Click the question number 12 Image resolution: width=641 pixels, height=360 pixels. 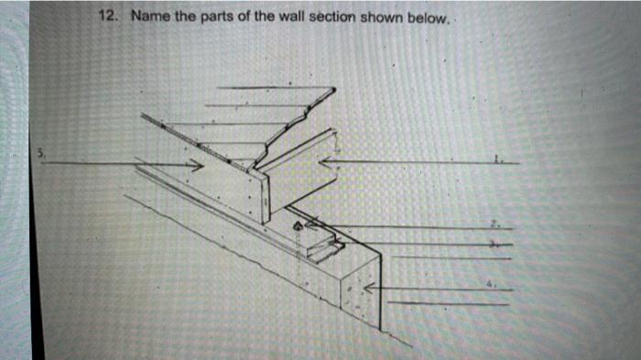pos(110,16)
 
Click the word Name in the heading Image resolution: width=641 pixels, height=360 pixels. pos(148,16)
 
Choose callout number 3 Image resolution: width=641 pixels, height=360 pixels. pos(494,245)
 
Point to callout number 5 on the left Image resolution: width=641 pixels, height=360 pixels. pos(40,152)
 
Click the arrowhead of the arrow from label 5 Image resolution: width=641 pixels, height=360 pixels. pos(197,165)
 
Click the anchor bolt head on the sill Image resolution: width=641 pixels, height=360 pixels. pos(296,224)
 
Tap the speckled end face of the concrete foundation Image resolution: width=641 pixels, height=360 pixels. pos(359,293)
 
